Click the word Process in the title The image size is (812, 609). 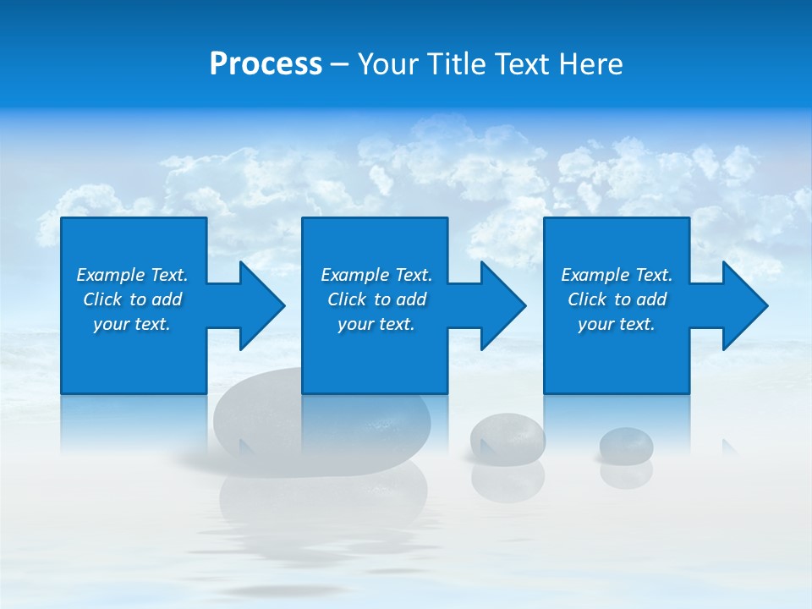pyautogui.click(x=266, y=64)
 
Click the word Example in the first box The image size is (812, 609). pyautogui.click(x=111, y=275)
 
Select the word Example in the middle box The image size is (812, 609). pyautogui.click(x=355, y=275)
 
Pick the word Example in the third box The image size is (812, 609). pyautogui.click(x=595, y=275)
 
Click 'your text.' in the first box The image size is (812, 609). pyautogui.click(x=132, y=324)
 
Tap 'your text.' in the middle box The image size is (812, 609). pyautogui.click(x=376, y=324)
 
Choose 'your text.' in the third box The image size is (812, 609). pyautogui.click(x=617, y=324)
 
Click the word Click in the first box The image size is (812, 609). pyautogui.click(x=102, y=299)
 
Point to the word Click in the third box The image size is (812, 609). pyautogui.click(x=587, y=299)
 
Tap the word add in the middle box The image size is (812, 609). pyautogui.click(x=411, y=299)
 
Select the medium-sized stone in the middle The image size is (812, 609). pyautogui.click(x=507, y=436)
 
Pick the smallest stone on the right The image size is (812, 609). pyautogui.click(x=626, y=443)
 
